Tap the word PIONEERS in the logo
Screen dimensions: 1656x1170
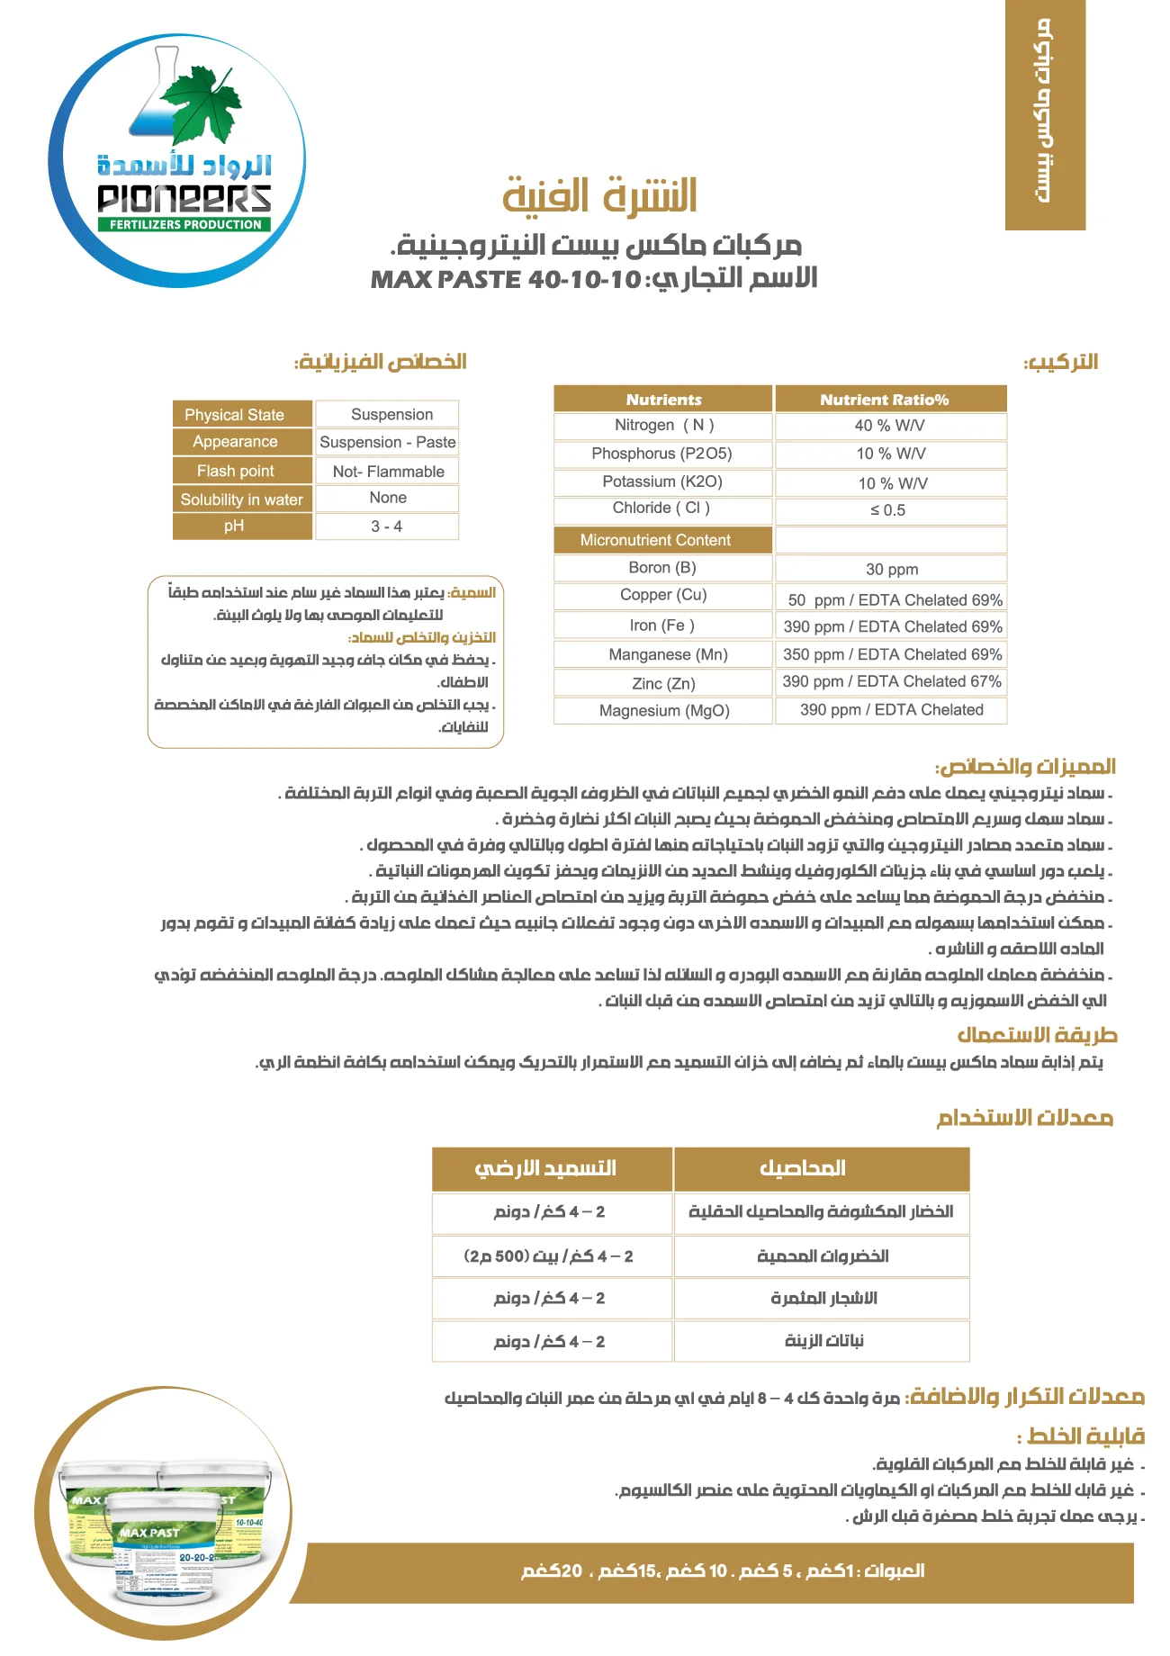[x=184, y=198]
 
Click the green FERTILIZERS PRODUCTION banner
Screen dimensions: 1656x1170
[x=184, y=224]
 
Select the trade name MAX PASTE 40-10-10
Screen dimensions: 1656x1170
[x=506, y=279]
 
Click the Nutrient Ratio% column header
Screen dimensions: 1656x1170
[x=885, y=400]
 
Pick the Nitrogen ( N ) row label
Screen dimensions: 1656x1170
[x=663, y=425]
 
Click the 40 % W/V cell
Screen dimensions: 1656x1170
[x=890, y=426]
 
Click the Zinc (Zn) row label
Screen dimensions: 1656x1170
[x=663, y=684]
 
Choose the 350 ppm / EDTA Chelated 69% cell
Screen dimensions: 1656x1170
[x=890, y=654]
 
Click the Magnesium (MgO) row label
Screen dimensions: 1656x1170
[x=664, y=711]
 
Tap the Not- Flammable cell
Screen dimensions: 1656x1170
[x=388, y=472]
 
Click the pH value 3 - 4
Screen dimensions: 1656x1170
[x=387, y=526]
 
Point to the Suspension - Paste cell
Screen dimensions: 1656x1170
[x=388, y=442]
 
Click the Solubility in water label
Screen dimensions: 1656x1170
[x=241, y=499]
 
